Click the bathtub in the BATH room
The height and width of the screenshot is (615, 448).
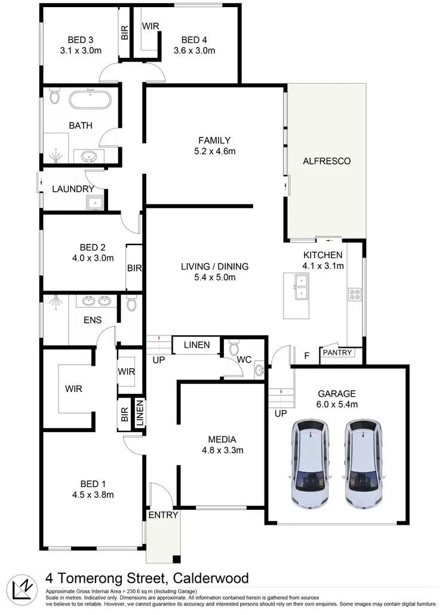point(90,99)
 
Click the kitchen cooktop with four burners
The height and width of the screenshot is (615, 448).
point(354,293)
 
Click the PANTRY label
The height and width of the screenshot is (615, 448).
point(338,353)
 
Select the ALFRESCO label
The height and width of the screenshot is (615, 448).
point(326,161)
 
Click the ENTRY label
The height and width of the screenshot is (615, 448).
point(162,515)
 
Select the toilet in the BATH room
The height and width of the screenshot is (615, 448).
point(54,96)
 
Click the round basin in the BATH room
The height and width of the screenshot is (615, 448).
point(90,157)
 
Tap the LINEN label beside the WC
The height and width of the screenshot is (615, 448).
point(197,345)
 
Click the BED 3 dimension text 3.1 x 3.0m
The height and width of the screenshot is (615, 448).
point(81,51)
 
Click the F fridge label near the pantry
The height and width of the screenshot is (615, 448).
point(306,356)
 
